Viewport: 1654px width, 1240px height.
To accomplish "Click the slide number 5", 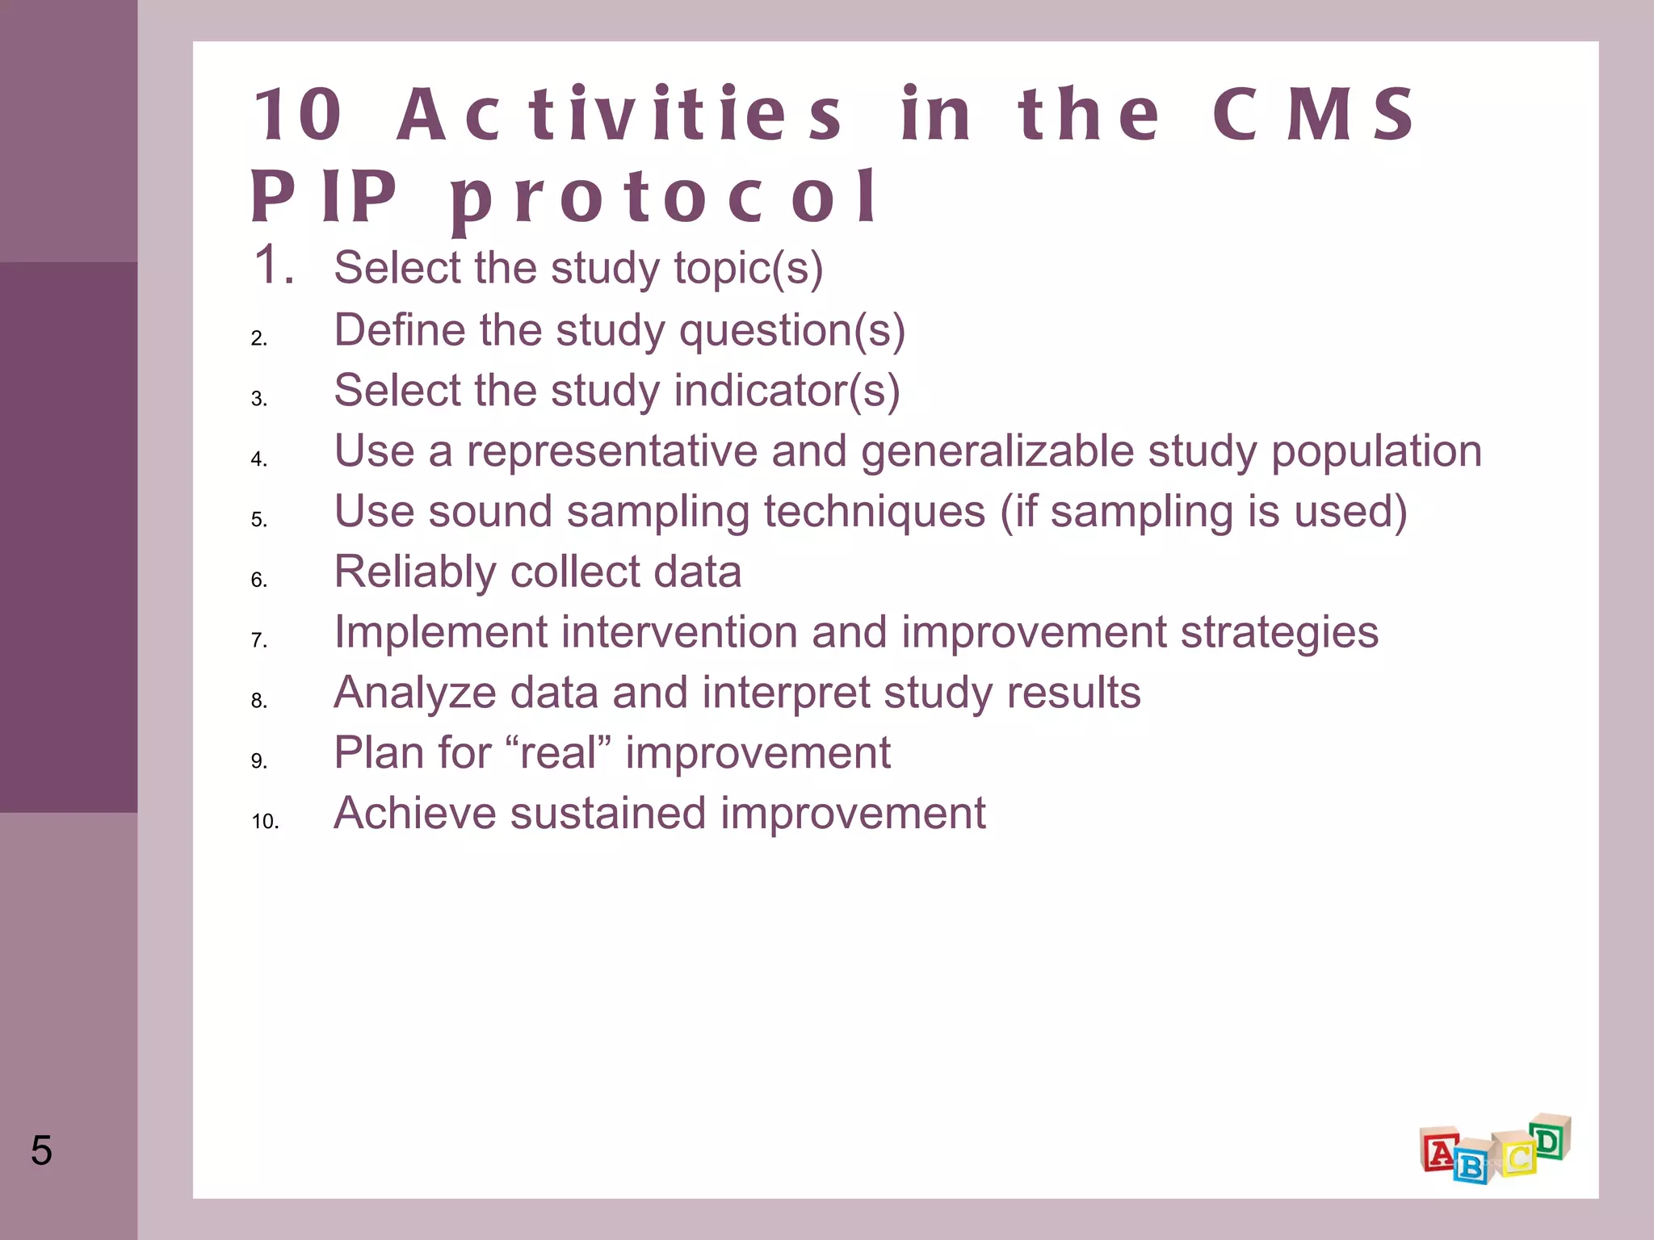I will pos(41,1150).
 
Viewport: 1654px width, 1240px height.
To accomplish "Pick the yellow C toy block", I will pos(1517,1156).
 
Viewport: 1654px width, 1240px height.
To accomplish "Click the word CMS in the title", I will pos(1313,115).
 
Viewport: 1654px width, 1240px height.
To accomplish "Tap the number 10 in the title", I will pos(298,115).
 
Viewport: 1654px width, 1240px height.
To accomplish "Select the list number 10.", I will pos(265,822).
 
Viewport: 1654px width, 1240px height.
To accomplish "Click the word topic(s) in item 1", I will pos(749,268).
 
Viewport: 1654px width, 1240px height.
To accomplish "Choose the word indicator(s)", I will pos(787,391).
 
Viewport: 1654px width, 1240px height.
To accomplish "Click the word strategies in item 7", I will pos(1279,632).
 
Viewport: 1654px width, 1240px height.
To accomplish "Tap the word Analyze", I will pos(415,693).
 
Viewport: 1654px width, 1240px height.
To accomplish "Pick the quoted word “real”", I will pos(557,753).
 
